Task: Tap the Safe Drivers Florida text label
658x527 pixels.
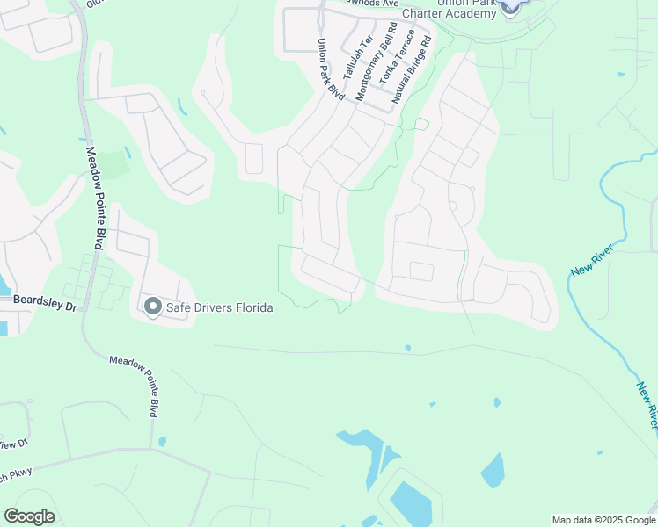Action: click(x=219, y=307)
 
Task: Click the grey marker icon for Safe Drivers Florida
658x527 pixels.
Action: click(x=152, y=307)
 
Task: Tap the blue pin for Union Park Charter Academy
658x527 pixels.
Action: click(x=510, y=7)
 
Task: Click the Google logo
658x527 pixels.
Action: click(x=29, y=516)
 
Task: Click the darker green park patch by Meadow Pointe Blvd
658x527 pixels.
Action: click(x=111, y=163)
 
